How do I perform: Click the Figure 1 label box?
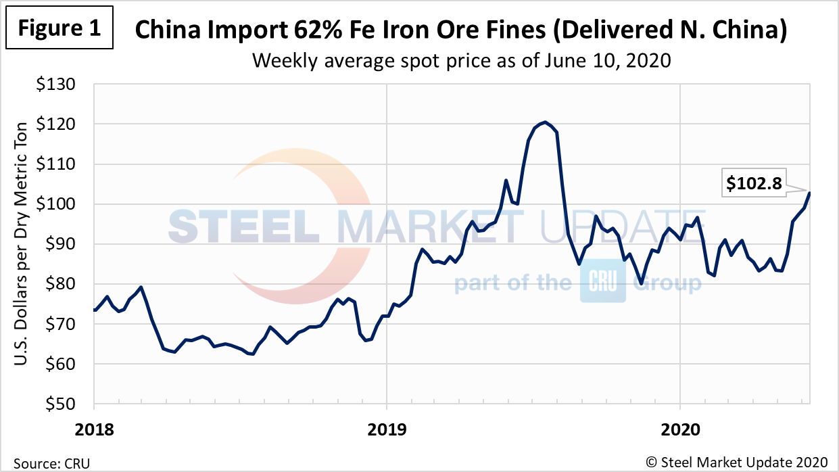[x=59, y=28]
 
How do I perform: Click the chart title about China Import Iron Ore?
[x=462, y=30]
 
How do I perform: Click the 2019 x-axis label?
[x=387, y=429]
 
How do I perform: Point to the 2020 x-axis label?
[x=679, y=429]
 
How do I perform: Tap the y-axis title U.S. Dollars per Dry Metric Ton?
[x=22, y=245]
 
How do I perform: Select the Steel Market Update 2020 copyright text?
[x=737, y=462]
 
